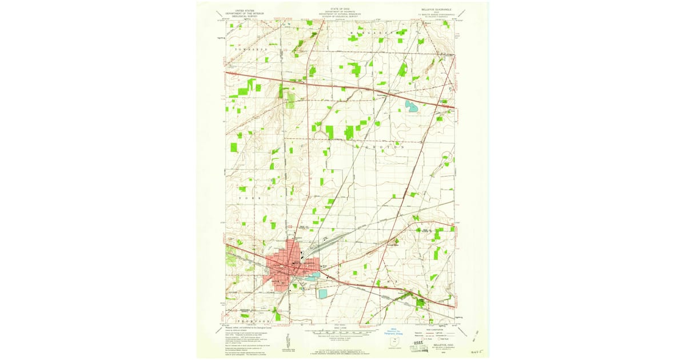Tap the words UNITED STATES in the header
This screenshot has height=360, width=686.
click(x=241, y=10)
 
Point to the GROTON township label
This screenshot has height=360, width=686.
click(x=385, y=147)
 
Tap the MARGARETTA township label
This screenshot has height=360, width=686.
click(x=376, y=34)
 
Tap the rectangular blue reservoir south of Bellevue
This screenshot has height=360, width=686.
click(x=323, y=294)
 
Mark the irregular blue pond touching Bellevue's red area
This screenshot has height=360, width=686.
click(x=312, y=277)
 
